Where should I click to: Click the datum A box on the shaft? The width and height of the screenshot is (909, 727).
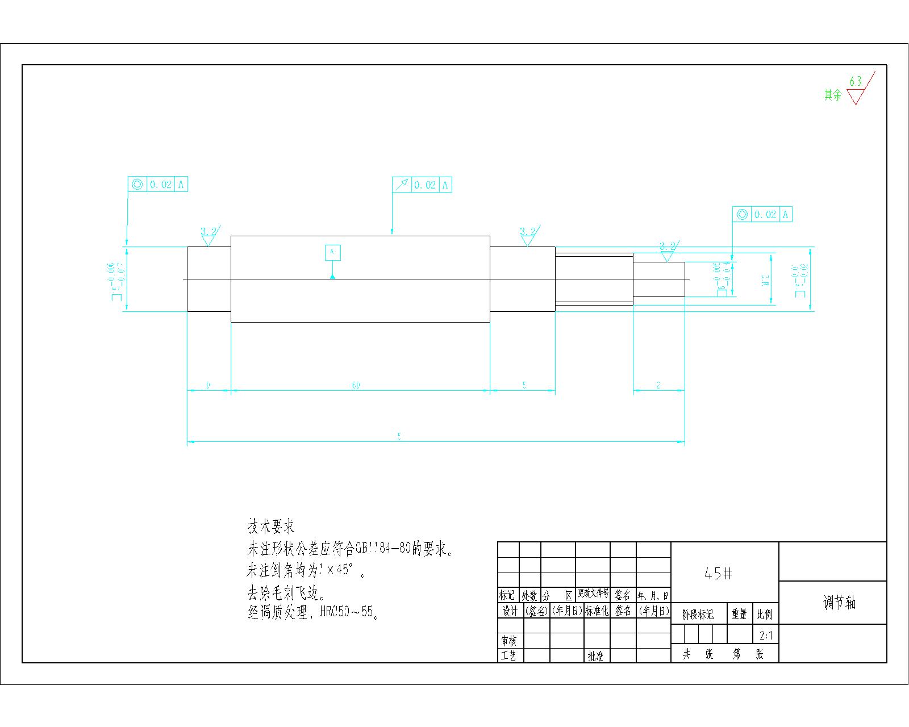coord(333,252)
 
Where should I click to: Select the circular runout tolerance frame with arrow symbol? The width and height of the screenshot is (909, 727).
coord(422,185)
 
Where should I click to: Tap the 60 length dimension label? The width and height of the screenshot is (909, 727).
coord(356,386)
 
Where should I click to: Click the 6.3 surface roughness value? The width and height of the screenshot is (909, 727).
coord(855,81)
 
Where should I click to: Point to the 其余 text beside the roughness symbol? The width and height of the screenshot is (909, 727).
coord(833,95)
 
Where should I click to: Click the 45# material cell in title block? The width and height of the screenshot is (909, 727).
coord(718,574)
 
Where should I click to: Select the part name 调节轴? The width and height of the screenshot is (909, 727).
coord(839,603)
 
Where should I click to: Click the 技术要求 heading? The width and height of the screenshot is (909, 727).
coord(271,527)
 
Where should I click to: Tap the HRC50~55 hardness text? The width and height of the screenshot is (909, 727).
coord(348,612)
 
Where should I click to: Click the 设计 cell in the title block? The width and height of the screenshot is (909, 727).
coord(509,611)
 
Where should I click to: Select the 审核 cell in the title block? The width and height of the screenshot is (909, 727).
coord(509,641)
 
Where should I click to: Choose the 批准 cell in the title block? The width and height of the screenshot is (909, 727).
coord(595,657)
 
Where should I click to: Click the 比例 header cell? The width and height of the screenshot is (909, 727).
coord(765,615)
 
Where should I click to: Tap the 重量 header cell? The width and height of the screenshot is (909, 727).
coord(739,615)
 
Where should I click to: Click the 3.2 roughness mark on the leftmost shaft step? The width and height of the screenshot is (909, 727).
coord(209,232)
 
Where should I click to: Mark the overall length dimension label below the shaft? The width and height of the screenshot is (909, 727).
coord(399,436)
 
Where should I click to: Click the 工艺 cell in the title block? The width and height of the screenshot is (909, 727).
coord(509,656)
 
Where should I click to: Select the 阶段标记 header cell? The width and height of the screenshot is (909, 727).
coord(698,615)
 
